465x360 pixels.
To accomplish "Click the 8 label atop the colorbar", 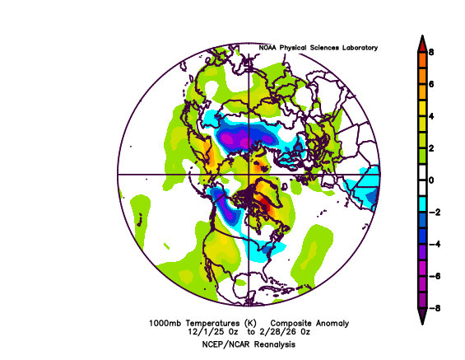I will coord(430,51).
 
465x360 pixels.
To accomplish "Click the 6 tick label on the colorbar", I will coord(430,83).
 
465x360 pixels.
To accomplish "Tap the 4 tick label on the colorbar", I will coord(430,115).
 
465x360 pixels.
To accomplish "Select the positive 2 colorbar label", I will coord(430,147).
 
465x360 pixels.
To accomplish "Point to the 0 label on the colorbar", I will coord(430,180).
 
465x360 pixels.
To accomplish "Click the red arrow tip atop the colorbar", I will coord(421,41).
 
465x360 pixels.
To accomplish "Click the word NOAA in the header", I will coord(268,48).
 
